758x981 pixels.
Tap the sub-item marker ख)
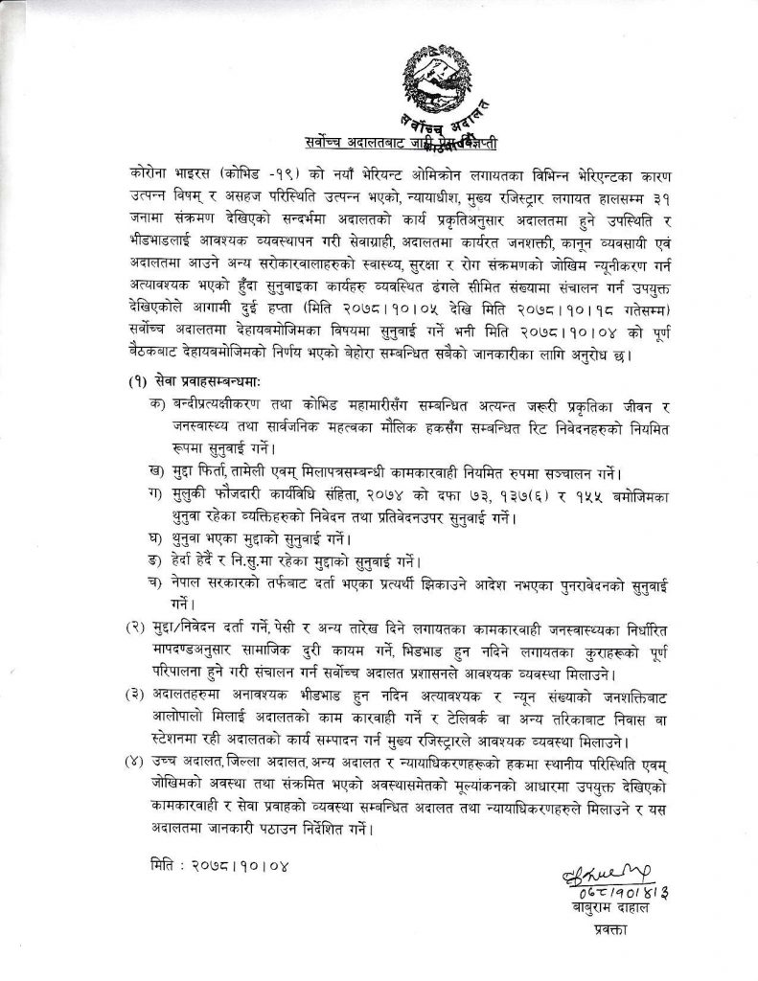[171, 473]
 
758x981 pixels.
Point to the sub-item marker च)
[171, 584]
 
